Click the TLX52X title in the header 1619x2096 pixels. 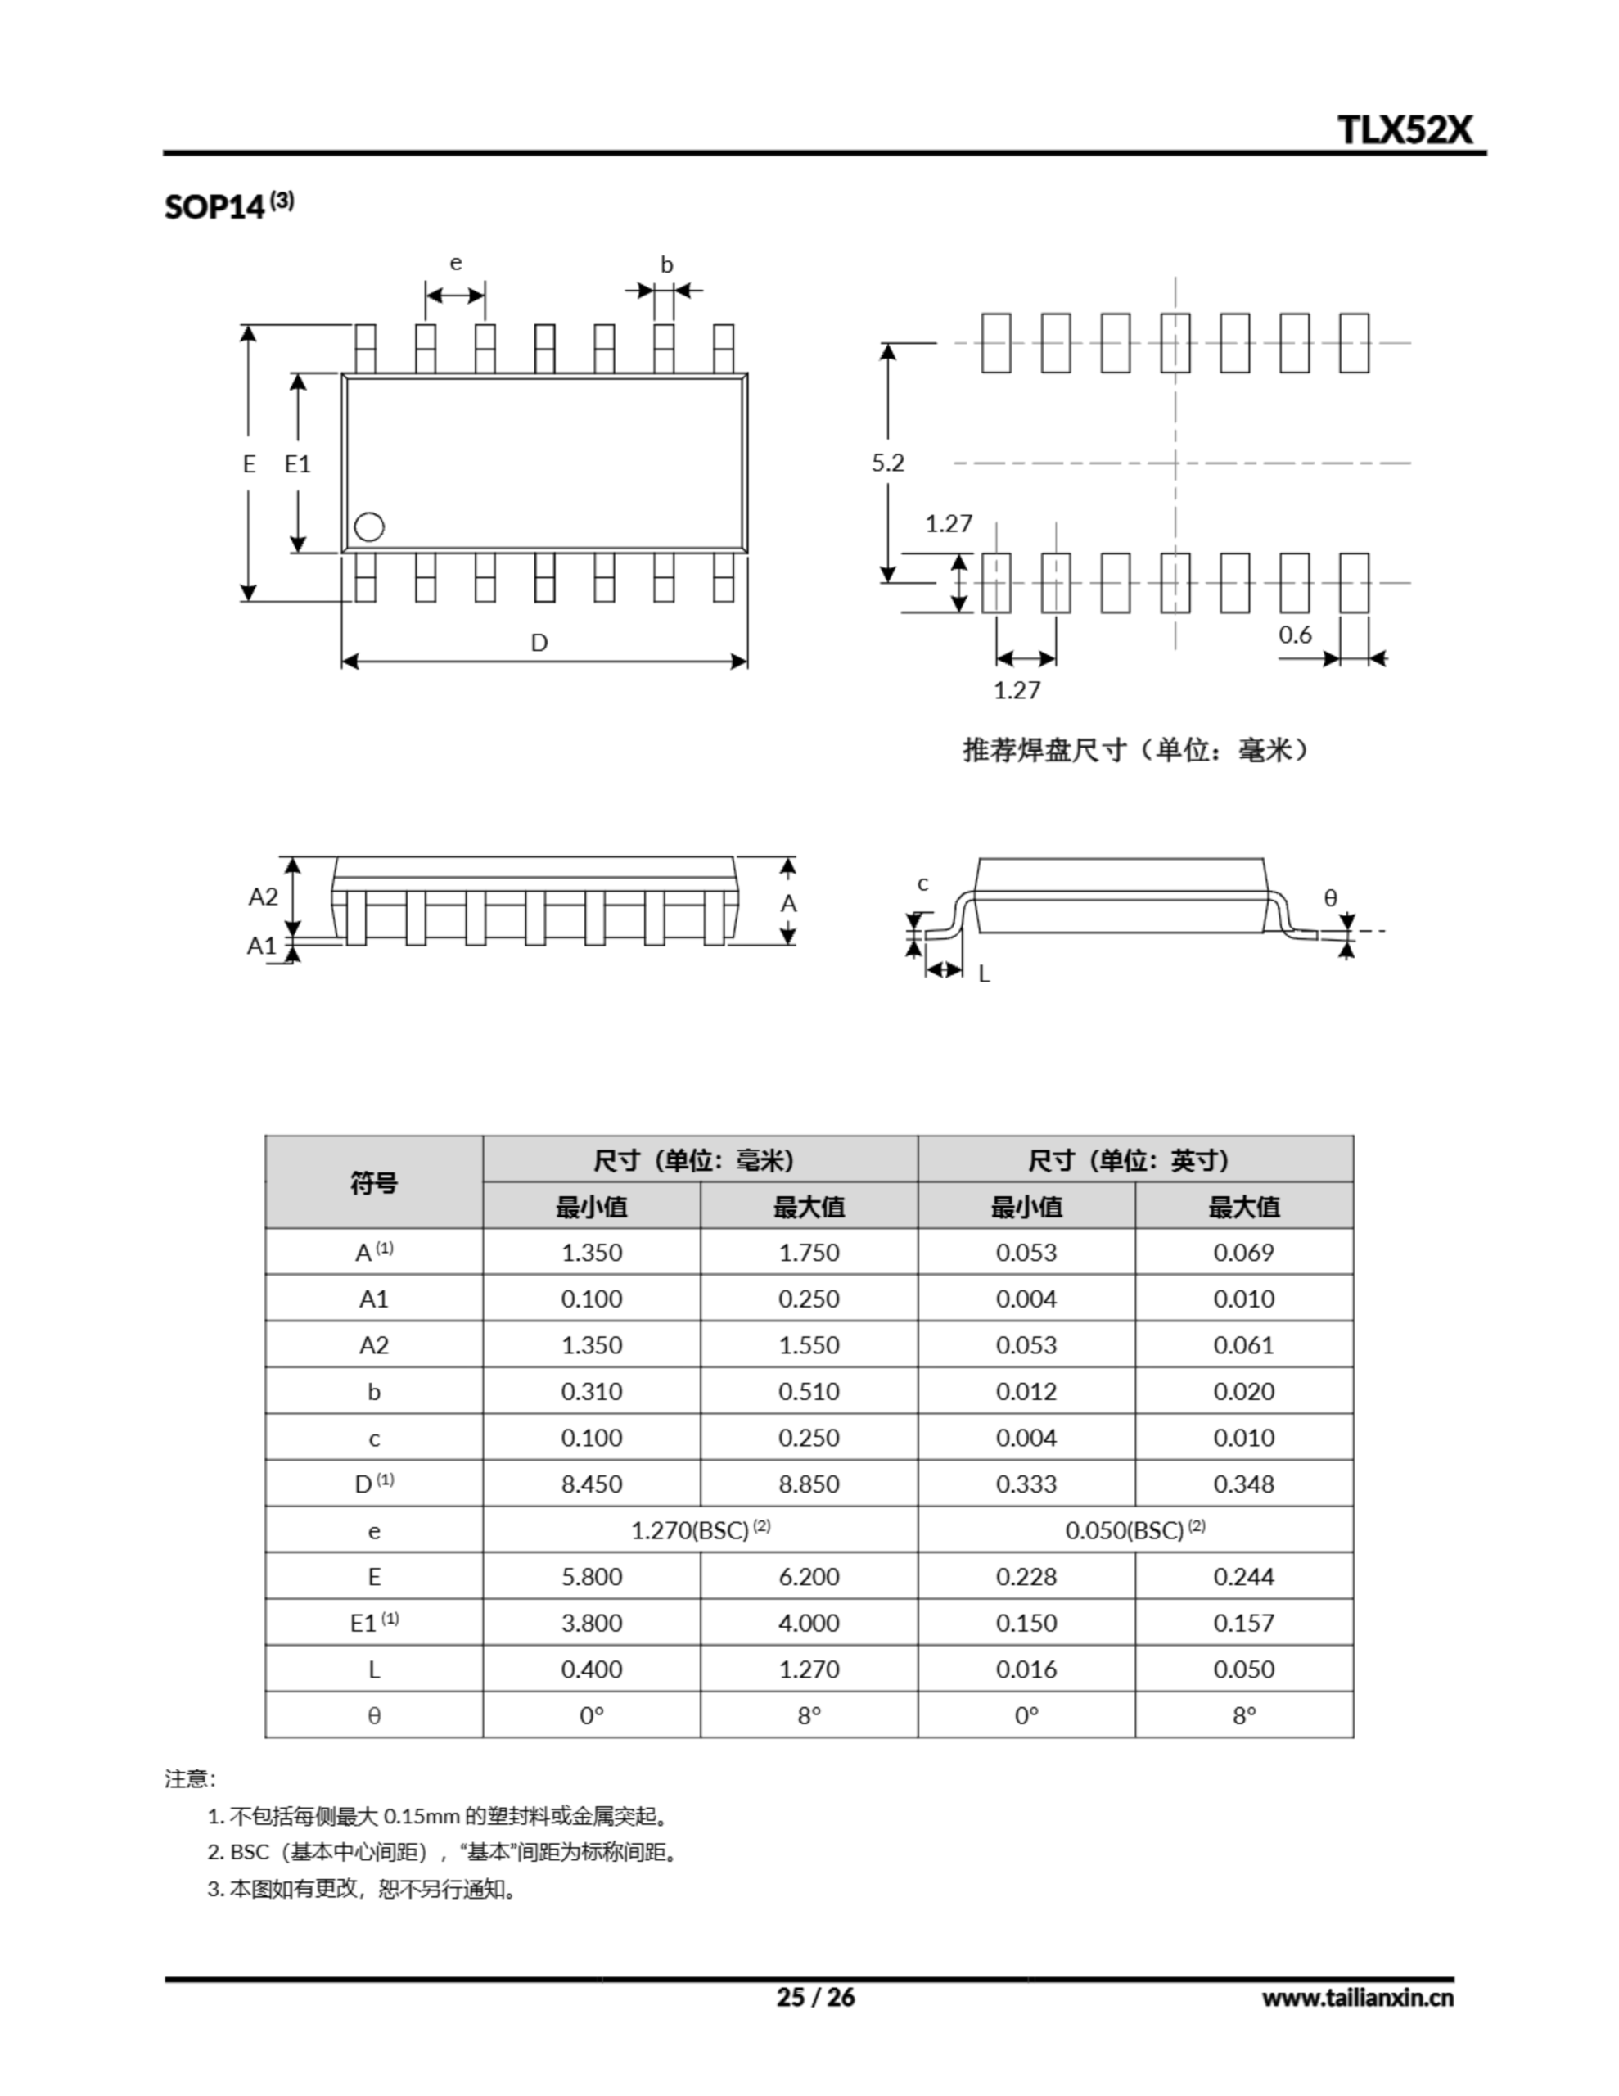click(x=1404, y=129)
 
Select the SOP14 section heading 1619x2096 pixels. click(x=228, y=206)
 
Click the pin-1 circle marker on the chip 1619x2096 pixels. click(x=368, y=527)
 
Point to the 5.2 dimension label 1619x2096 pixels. click(x=888, y=463)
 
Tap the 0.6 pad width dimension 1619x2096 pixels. click(x=1295, y=635)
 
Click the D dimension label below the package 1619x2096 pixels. click(x=539, y=642)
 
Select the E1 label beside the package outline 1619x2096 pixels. click(x=297, y=464)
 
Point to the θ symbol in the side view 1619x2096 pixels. click(x=1330, y=897)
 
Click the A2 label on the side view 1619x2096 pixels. click(x=263, y=897)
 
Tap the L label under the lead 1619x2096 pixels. click(x=984, y=974)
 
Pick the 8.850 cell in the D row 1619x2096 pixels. click(x=808, y=1484)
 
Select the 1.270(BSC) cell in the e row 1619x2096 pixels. click(x=700, y=1529)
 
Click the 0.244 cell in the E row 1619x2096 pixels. click(x=1244, y=1576)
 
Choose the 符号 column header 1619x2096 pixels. click(x=373, y=1182)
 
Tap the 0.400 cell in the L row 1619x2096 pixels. click(x=591, y=1669)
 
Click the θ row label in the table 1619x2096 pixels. click(x=373, y=1715)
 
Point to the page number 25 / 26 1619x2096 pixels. click(x=814, y=1998)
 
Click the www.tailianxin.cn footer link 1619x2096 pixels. click(x=1357, y=1998)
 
